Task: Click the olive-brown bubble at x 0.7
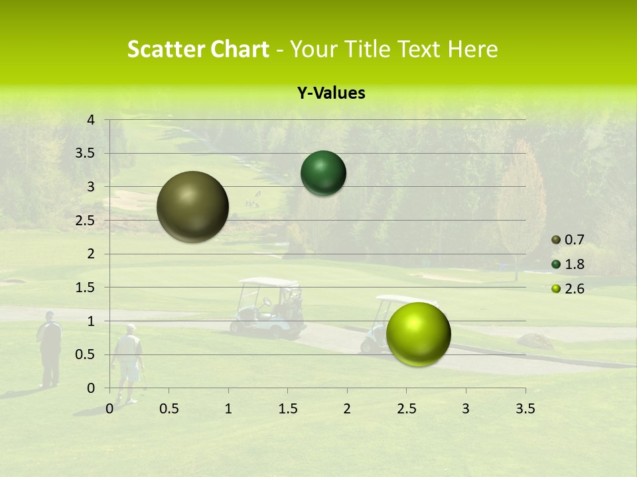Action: (192, 207)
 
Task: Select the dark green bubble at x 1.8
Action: (323, 173)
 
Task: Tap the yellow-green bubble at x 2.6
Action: (418, 334)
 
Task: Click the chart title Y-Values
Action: (330, 93)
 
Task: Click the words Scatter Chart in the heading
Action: (198, 49)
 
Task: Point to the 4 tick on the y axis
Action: (92, 120)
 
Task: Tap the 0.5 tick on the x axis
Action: (169, 409)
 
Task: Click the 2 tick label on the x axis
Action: (347, 409)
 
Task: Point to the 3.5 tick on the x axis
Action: (525, 409)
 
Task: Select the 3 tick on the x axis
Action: (466, 409)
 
